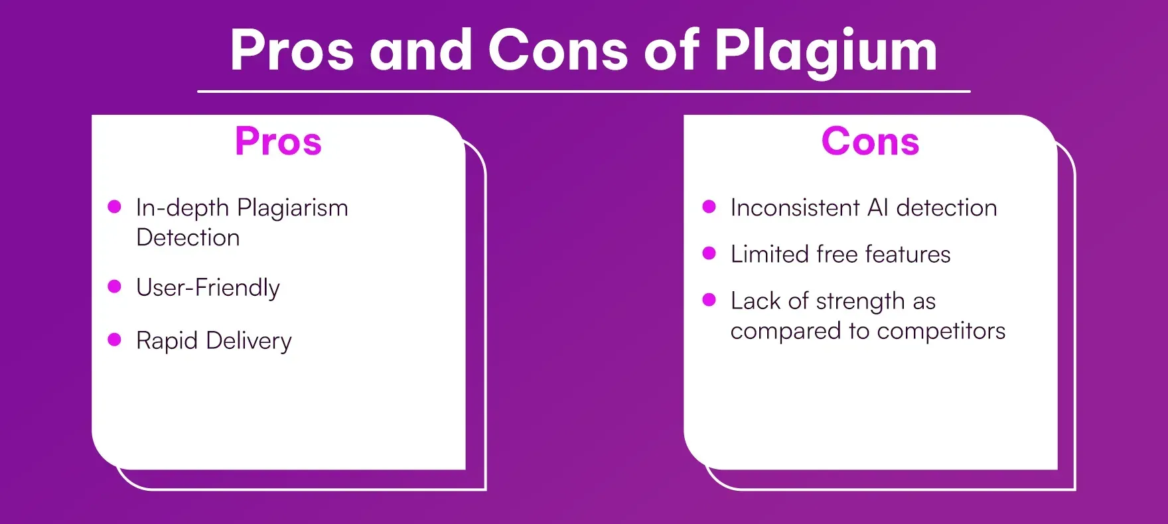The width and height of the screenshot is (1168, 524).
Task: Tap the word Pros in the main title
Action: pos(292,51)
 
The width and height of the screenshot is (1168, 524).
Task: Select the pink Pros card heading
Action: pos(278,141)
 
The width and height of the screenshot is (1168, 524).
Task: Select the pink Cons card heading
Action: pos(870,141)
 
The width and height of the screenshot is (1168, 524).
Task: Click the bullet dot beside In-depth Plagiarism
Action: pos(114,207)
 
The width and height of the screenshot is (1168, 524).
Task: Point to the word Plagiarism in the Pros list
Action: pos(293,208)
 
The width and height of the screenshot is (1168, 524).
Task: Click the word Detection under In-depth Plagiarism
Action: pos(188,237)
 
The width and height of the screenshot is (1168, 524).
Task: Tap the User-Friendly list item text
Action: pos(208,288)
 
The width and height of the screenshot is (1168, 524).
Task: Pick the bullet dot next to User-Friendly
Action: pos(114,287)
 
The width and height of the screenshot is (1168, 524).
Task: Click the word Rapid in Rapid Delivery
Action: pos(167,341)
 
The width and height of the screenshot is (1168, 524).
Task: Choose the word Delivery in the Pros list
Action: pos(249,341)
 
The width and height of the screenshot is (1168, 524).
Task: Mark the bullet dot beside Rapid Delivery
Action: pos(114,340)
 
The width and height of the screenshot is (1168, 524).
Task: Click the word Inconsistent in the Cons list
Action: pos(795,208)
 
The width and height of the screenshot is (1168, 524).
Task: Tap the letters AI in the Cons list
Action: pos(877,208)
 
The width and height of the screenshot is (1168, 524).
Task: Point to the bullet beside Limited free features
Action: pos(709,253)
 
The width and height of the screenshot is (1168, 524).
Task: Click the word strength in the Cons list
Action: pos(860,302)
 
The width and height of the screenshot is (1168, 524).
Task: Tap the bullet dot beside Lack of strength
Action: pos(709,300)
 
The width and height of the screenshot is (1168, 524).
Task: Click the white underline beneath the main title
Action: pos(583,91)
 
